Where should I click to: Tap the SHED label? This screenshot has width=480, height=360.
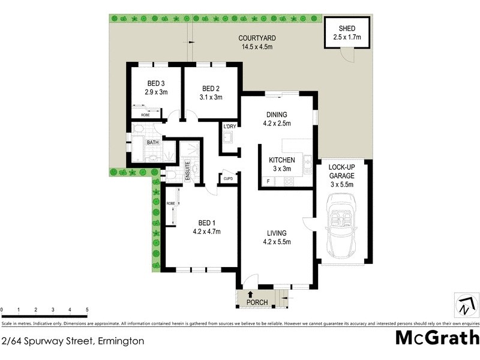(347, 28)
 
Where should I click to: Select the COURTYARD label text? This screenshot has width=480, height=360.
(258, 38)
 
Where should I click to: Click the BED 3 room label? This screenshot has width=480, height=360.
(155, 83)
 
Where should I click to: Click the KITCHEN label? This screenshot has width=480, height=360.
(281, 160)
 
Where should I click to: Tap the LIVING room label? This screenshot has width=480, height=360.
(277, 233)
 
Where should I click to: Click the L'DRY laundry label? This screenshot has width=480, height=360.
(229, 127)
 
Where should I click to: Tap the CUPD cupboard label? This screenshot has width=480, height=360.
(228, 178)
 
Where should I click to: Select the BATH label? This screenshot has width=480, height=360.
(153, 143)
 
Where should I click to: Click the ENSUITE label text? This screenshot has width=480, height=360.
(187, 171)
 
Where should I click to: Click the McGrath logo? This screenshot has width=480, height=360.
(437, 337)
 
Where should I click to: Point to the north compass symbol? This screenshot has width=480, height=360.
(465, 305)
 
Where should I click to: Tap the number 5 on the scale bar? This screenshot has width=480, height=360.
(87, 310)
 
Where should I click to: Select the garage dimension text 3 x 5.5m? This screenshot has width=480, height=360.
(341, 185)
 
